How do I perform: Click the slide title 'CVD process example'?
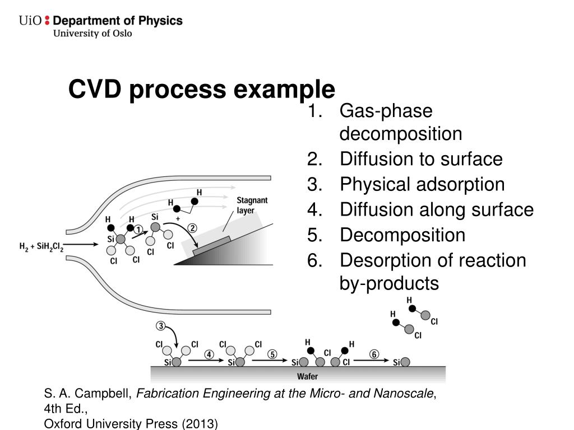tap(202, 90)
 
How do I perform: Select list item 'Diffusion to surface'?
tap(420, 159)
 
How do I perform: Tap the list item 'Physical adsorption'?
tap(422, 184)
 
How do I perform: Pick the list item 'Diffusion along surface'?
tap(436, 210)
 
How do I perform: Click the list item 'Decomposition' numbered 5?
tap(402, 235)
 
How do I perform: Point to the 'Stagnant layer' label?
tap(252, 205)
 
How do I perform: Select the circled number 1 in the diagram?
tap(138, 228)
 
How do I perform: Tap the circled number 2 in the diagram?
tap(192, 228)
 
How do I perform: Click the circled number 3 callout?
tap(160, 326)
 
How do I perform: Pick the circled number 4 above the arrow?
tap(209, 354)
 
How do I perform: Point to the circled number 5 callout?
tap(272, 354)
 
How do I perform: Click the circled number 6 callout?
tap(373, 354)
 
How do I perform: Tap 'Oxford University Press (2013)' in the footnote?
tap(131, 424)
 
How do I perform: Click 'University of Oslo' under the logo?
tap(92, 34)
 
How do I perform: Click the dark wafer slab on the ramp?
tap(211, 246)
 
